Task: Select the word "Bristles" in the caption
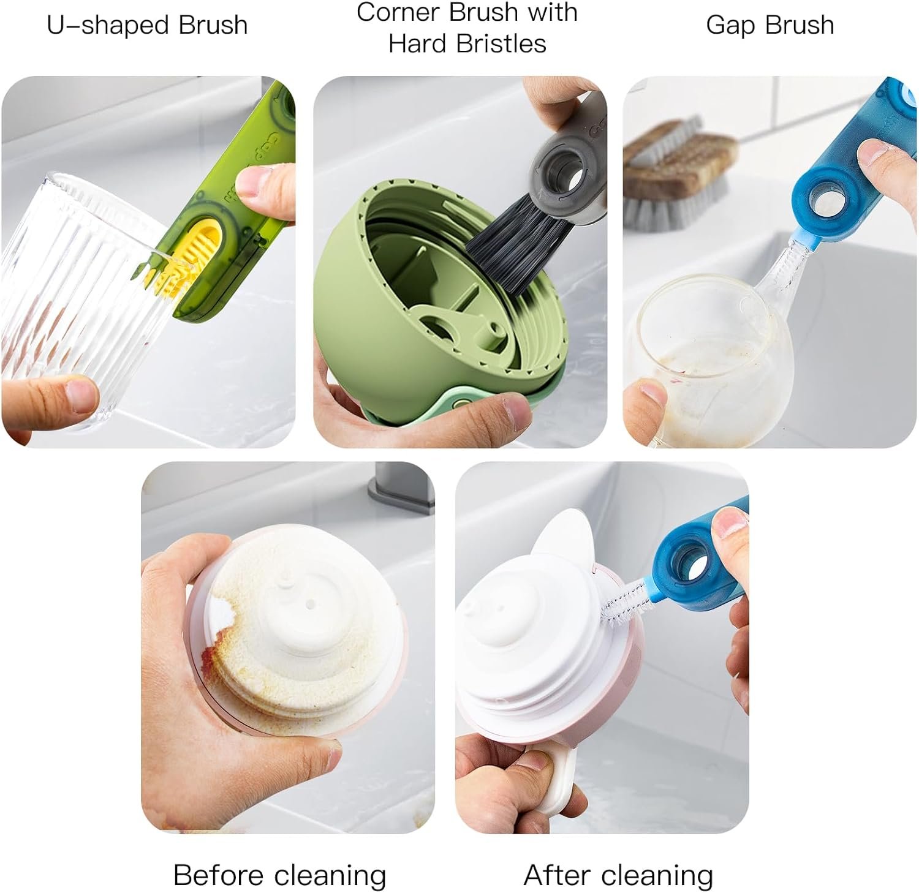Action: coord(504,43)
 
